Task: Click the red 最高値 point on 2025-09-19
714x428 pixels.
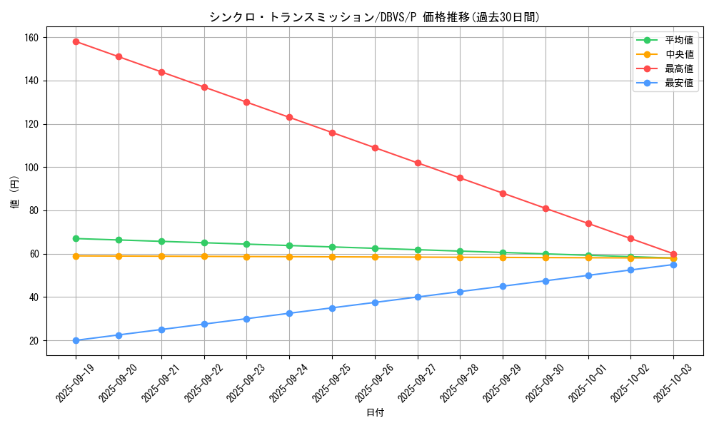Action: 76,41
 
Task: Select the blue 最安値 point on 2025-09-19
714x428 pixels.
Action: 76,340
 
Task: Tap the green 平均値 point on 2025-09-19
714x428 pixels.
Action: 76,238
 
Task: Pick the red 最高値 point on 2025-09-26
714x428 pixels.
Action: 375,148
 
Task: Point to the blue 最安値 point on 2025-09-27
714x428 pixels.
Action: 418,297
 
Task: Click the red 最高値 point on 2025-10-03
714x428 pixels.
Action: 673,254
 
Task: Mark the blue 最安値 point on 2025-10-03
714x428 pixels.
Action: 673,265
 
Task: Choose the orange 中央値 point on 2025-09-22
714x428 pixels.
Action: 204,256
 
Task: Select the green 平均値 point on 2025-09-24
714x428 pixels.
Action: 289,245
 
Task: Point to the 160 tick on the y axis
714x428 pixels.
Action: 34,37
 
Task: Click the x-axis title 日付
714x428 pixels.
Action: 375,413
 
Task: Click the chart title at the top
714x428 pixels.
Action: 375,17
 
